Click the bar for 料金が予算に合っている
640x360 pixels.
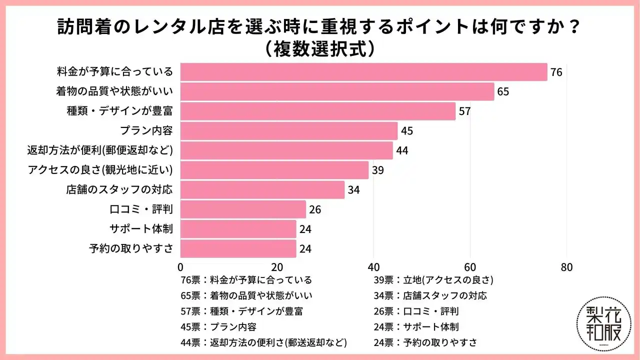(x=363, y=72)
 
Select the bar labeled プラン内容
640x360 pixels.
(x=288, y=131)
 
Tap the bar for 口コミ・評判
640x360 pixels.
(x=243, y=209)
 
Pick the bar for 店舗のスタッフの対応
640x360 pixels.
(x=262, y=190)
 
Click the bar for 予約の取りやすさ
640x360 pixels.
(x=238, y=248)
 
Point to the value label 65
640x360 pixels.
(x=503, y=92)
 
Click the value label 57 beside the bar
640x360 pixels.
(x=464, y=111)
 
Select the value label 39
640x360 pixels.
(x=377, y=170)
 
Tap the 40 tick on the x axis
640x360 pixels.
(x=373, y=267)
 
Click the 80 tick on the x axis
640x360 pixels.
(x=566, y=267)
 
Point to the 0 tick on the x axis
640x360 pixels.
(x=180, y=267)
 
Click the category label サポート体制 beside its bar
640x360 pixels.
(x=141, y=229)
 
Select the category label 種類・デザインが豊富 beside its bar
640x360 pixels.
(x=120, y=111)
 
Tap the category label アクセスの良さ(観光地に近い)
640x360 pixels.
(x=100, y=170)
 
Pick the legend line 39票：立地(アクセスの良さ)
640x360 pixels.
(x=434, y=279)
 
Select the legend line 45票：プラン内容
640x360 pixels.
(x=218, y=327)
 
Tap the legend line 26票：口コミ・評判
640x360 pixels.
(x=416, y=311)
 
